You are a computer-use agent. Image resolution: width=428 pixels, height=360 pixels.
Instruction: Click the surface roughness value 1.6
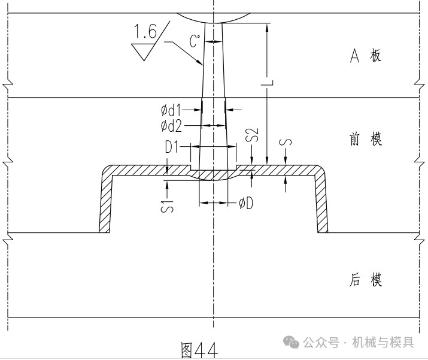tap(144, 32)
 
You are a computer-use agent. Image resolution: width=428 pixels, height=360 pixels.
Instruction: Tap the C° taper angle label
tap(195, 41)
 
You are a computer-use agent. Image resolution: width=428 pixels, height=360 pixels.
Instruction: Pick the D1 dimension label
tap(173, 146)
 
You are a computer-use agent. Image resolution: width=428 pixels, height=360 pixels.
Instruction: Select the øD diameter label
tap(245, 204)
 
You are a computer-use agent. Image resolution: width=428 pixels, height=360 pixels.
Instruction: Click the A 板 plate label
tap(365, 56)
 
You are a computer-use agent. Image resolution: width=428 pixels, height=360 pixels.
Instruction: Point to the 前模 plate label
tap(365, 140)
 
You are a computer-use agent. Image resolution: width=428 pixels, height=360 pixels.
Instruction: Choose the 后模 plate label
tap(365, 280)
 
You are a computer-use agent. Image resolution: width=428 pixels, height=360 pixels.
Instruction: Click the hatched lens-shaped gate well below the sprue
tap(213, 175)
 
